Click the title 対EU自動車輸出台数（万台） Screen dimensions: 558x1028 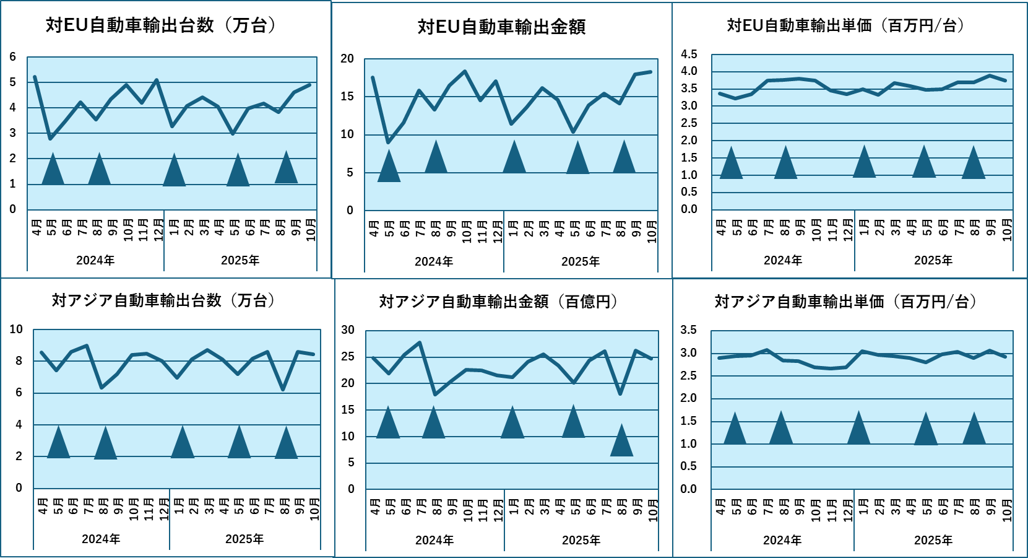point(161,25)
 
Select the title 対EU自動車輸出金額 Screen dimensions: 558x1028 point(501,27)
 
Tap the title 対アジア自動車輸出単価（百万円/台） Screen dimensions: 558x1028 point(845,302)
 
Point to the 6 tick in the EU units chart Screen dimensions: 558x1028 point(12,57)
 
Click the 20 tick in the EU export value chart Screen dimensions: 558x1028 point(347,59)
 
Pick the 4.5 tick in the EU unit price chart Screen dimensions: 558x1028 point(689,54)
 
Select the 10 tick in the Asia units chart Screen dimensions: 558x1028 point(16,329)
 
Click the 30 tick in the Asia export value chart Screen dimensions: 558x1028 point(348,330)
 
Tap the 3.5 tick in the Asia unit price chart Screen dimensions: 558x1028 point(688,330)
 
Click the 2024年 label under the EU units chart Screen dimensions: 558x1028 point(95,261)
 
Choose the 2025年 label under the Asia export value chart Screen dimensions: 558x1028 point(581,540)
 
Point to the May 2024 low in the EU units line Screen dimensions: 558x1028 point(50,138)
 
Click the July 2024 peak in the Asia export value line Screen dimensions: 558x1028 point(420,342)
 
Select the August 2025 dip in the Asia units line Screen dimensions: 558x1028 point(283,389)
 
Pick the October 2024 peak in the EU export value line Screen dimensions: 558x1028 point(465,72)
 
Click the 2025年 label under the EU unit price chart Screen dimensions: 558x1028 point(933,261)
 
